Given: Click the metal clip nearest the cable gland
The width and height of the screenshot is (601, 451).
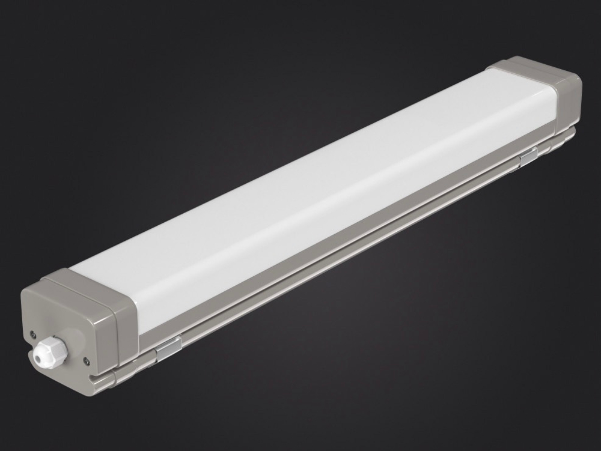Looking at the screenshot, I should point(168,348).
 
